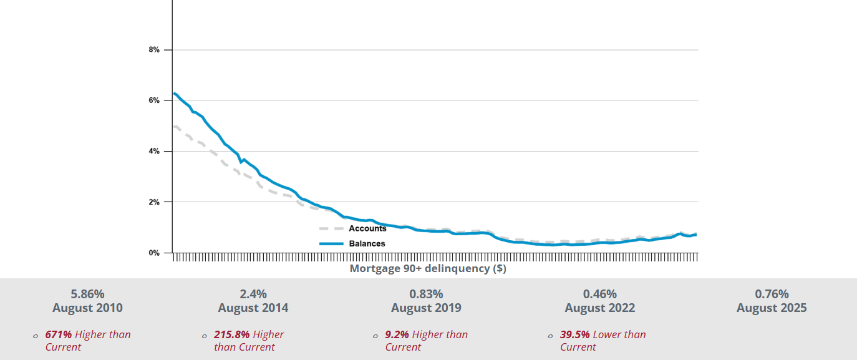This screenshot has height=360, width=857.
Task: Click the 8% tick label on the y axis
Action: point(153,49)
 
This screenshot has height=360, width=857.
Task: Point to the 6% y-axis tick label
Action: point(153,100)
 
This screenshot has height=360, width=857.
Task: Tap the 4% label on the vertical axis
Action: point(153,152)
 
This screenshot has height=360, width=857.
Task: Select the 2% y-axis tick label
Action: point(153,202)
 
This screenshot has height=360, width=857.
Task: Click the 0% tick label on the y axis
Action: point(153,253)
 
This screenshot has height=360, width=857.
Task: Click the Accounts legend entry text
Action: point(367,228)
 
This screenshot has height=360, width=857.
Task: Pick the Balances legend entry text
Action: point(367,243)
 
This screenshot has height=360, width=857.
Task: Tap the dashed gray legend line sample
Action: point(331,229)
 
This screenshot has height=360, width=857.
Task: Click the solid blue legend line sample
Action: point(331,243)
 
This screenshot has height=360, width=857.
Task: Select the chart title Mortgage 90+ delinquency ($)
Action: point(427,268)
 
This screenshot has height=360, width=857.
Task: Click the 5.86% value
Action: point(87,294)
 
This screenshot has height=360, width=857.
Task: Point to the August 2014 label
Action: point(253,308)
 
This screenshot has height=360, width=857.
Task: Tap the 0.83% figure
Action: point(426,294)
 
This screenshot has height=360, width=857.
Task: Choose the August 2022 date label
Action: point(600,308)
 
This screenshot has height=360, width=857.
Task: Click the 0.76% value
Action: point(772,294)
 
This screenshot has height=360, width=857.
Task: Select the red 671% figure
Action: point(59,334)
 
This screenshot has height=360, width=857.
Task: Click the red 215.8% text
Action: point(232,334)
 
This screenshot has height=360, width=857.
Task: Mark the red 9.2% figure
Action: point(397,334)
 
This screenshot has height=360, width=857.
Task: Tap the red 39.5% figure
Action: point(575,334)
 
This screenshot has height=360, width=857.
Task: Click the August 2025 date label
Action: point(772,308)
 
